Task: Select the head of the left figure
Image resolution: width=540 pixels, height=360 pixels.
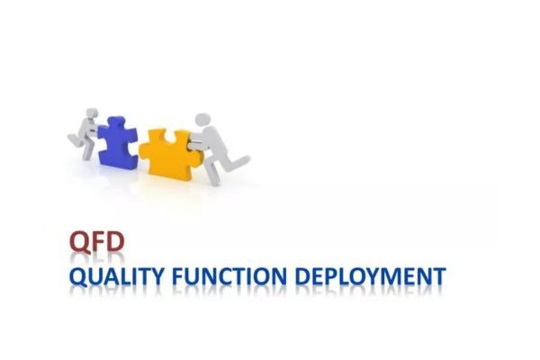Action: point(91,112)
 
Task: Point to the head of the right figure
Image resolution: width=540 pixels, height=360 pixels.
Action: point(203,120)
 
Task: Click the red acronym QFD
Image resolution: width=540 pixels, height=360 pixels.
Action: point(97,242)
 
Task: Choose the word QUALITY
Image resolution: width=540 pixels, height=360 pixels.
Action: point(116,276)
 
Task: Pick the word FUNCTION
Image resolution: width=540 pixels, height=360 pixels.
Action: point(229,276)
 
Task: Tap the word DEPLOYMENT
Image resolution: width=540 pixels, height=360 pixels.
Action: point(371,276)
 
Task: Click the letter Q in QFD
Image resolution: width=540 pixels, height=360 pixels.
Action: point(79,242)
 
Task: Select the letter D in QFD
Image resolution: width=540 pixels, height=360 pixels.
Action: point(115,241)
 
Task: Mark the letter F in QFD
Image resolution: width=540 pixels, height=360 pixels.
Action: point(98,241)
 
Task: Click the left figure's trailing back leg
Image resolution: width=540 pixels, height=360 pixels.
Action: point(74,139)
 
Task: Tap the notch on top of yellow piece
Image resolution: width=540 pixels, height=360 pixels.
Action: point(169,136)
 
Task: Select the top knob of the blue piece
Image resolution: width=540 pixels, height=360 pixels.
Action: point(117,121)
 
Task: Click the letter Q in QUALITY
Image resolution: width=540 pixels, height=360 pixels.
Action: point(78,277)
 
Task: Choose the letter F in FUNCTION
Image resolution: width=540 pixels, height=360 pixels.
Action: point(178,276)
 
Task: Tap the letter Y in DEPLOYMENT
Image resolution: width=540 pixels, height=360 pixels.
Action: point(374,276)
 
